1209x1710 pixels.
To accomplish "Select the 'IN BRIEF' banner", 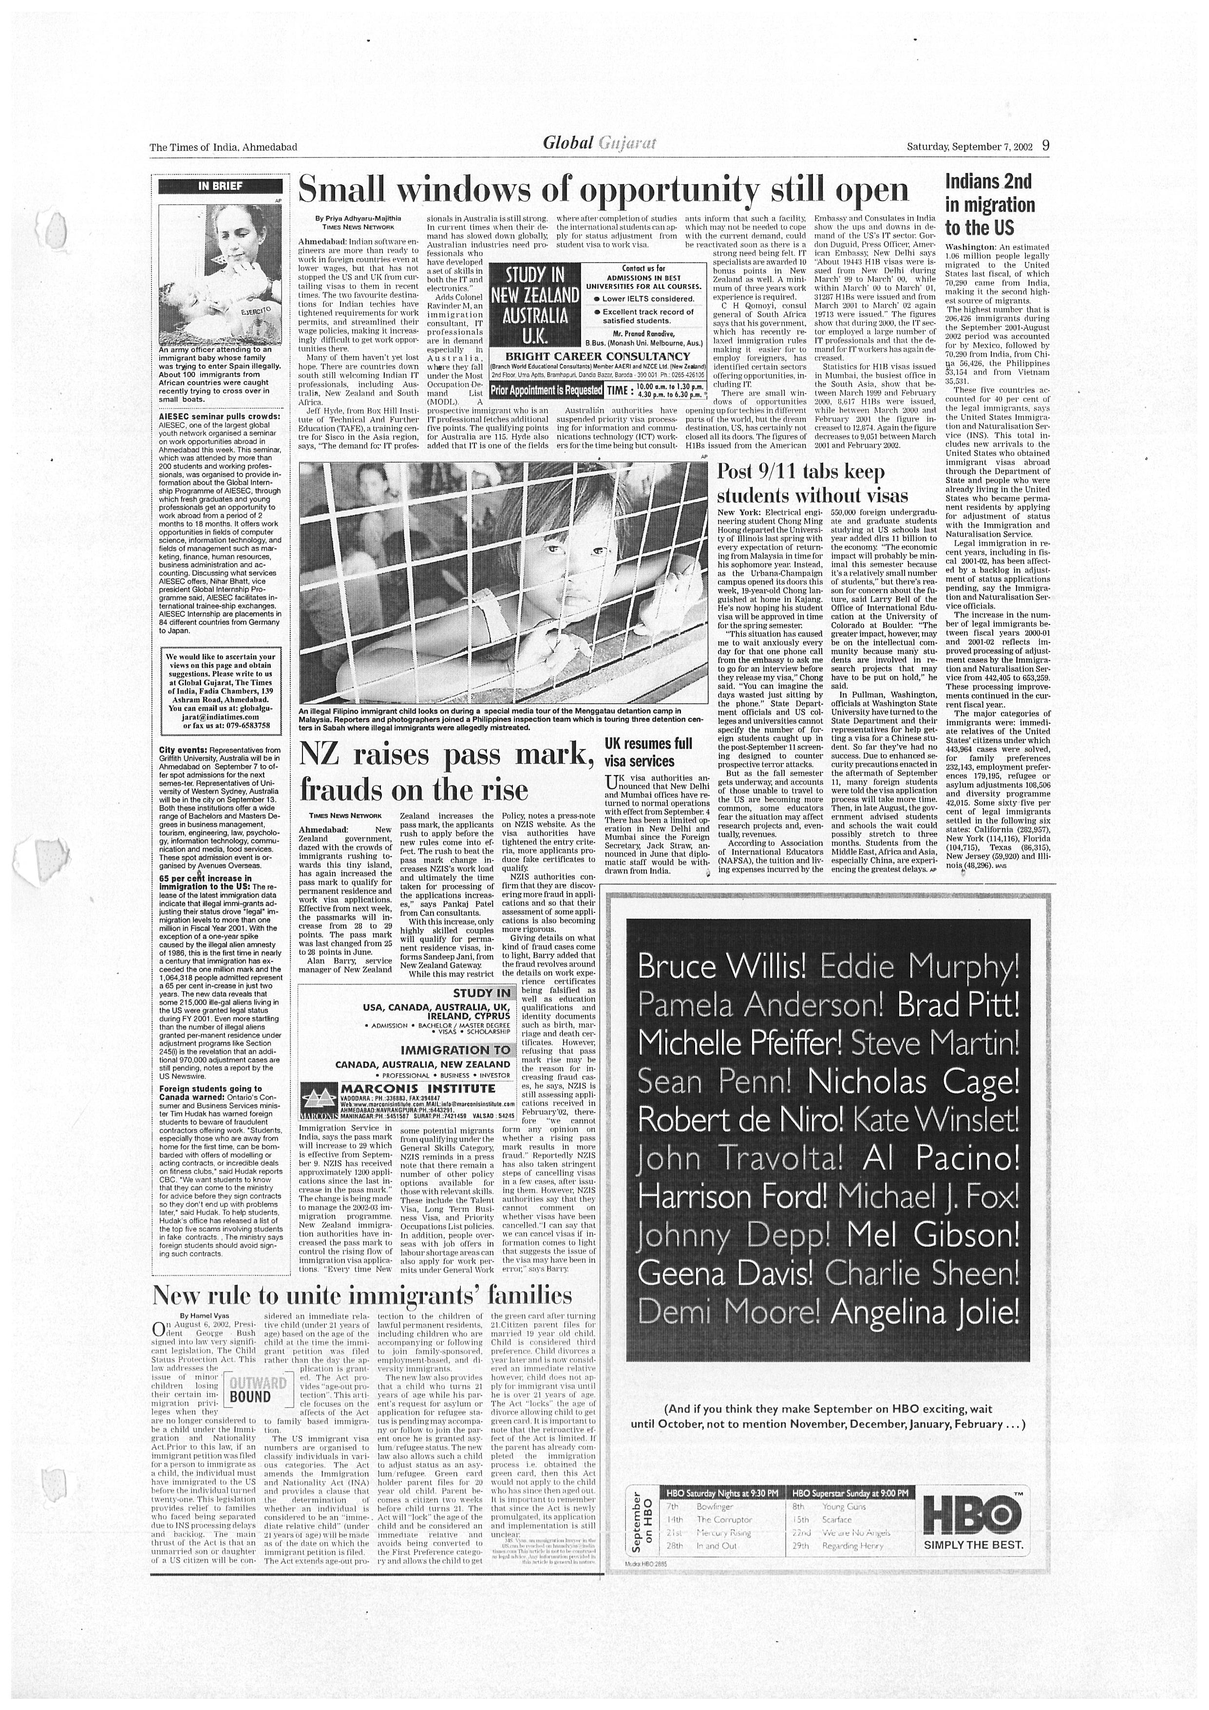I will coord(220,186).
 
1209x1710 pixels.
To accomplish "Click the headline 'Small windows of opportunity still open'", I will coord(603,190).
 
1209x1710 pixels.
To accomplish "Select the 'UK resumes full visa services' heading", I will coord(648,752).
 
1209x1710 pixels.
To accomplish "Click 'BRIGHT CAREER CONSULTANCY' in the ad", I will coord(597,356).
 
